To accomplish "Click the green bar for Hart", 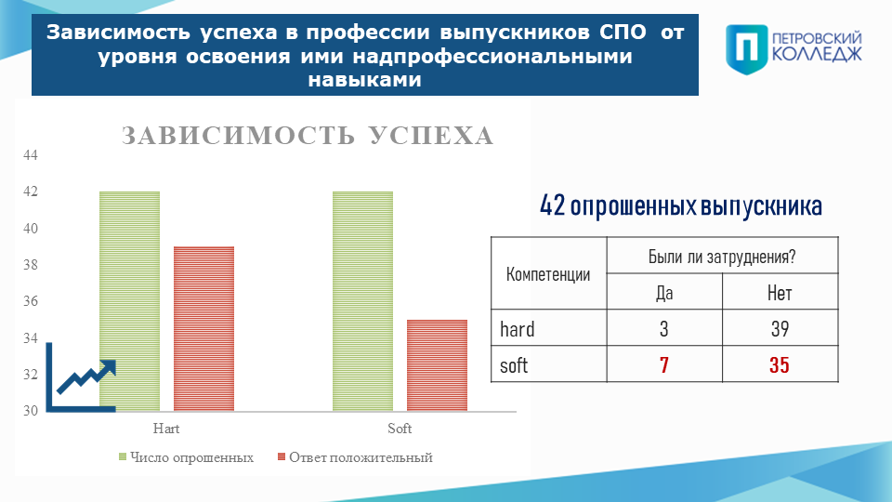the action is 130,301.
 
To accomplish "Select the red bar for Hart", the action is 203,328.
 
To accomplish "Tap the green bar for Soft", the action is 362,301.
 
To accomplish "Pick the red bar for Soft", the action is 437,365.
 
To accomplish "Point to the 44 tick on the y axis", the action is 30,155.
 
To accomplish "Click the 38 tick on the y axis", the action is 30,265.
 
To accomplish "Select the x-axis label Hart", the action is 166,429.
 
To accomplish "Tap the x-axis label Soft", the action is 400,429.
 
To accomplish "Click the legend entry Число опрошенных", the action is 186,457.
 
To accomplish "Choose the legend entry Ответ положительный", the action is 355,457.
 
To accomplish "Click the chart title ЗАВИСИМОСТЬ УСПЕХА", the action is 308,136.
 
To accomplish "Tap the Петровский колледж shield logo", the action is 747,49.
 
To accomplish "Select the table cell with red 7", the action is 664,364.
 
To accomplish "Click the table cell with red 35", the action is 780,364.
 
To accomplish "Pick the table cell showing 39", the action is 780,328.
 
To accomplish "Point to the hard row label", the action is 518,329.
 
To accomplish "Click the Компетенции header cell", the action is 549,273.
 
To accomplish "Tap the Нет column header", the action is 780,292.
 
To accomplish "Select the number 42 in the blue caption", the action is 552,205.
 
